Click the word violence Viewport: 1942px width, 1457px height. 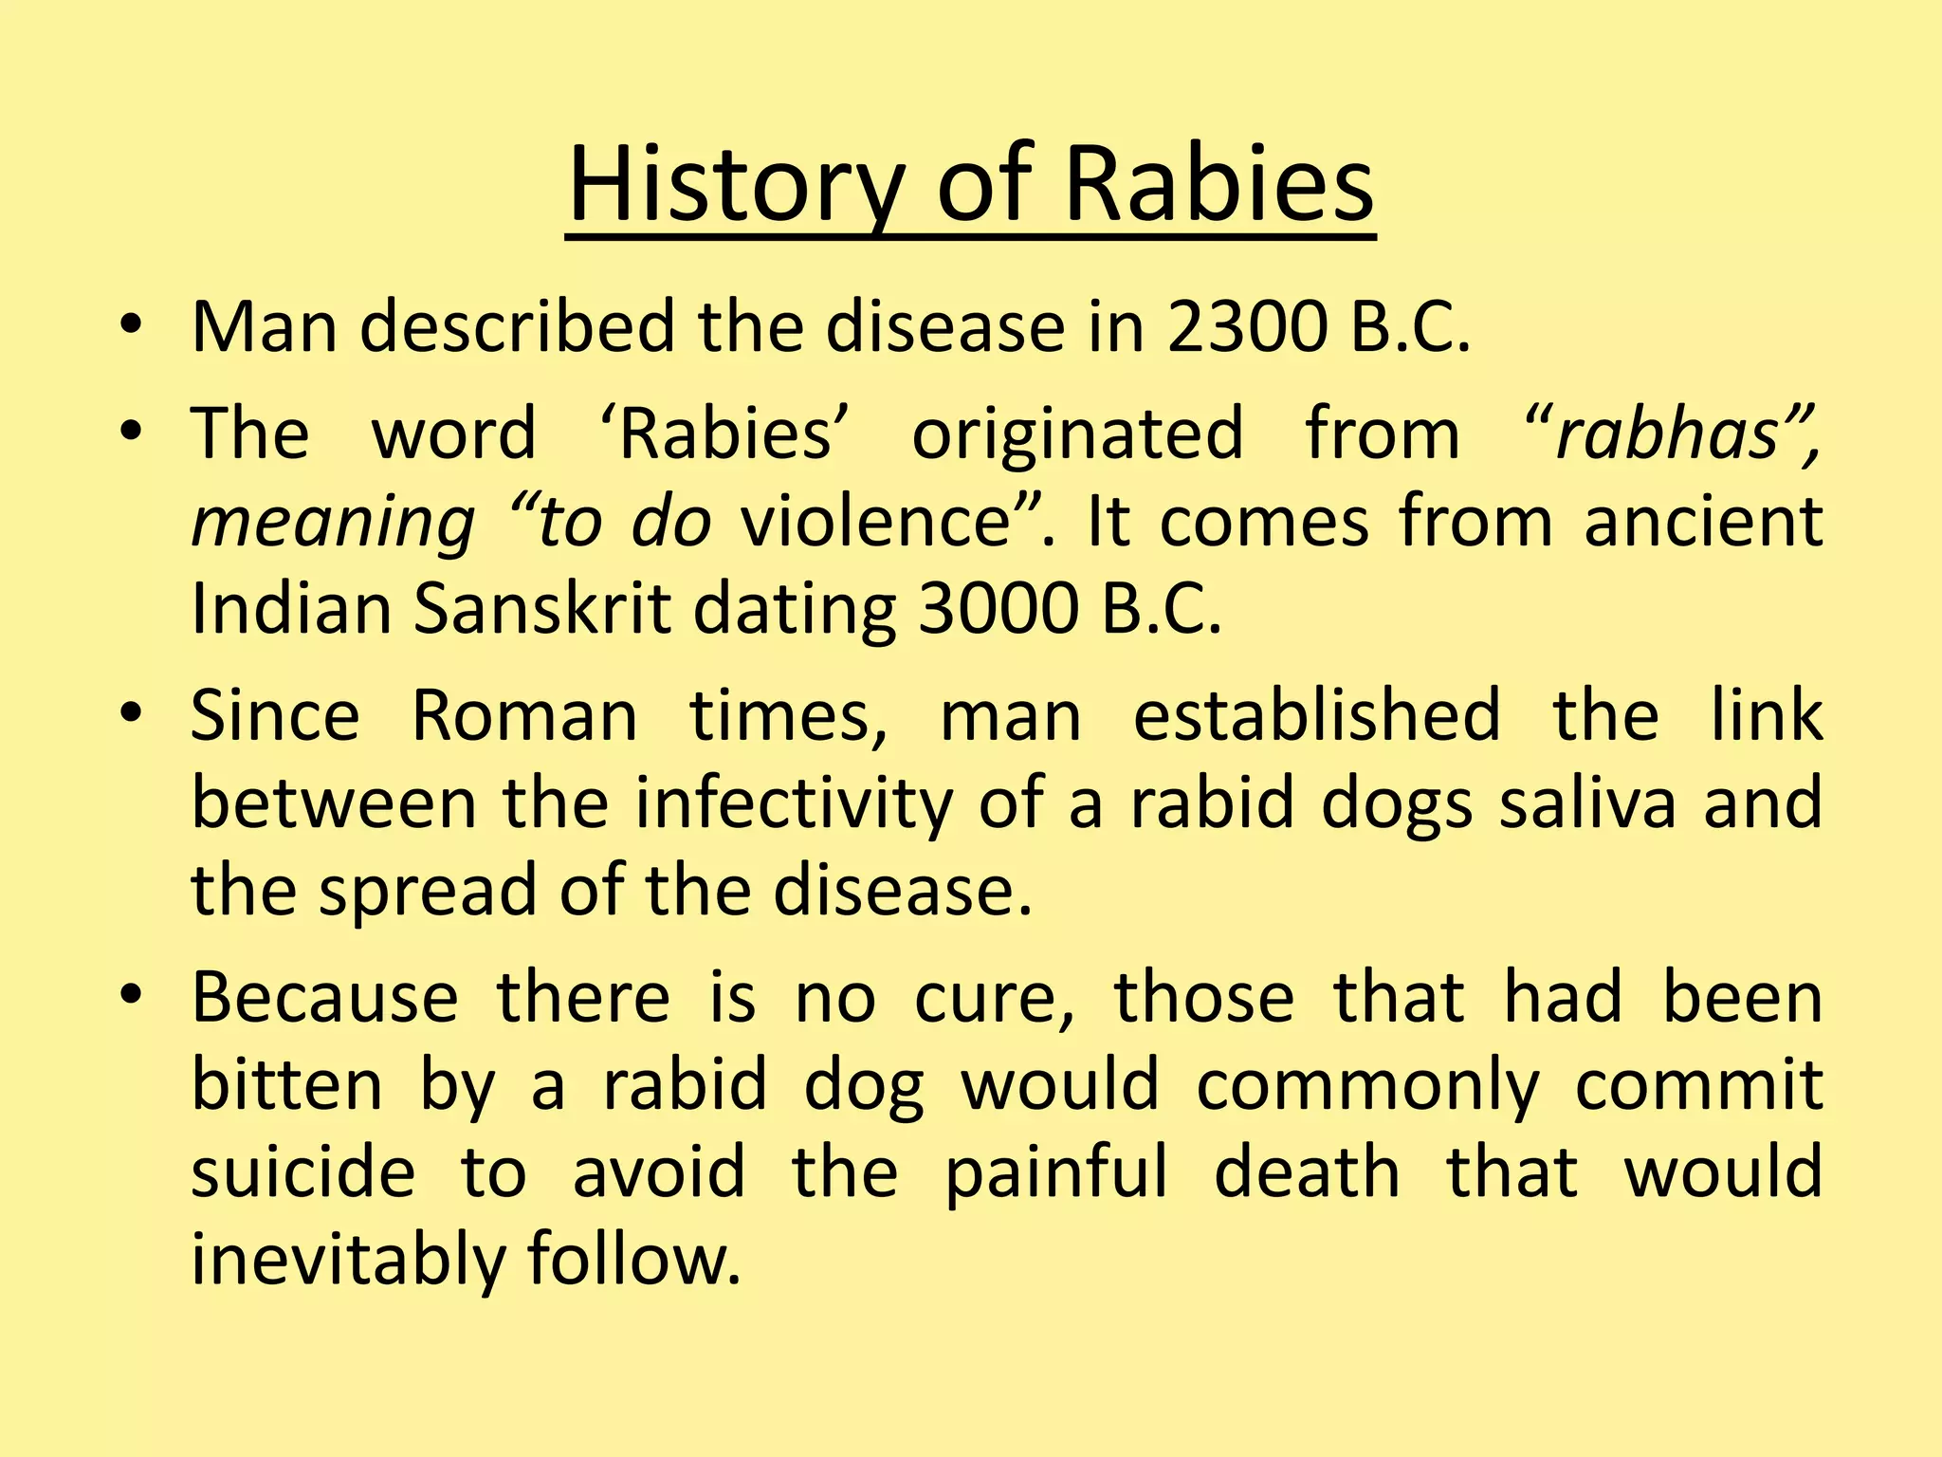(x=874, y=522)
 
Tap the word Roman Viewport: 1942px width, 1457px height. (x=524, y=715)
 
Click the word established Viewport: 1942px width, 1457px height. (x=1317, y=715)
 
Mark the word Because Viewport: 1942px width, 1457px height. (x=325, y=998)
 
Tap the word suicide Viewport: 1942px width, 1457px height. (x=303, y=1172)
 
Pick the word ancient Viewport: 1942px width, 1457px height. (x=1703, y=522)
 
